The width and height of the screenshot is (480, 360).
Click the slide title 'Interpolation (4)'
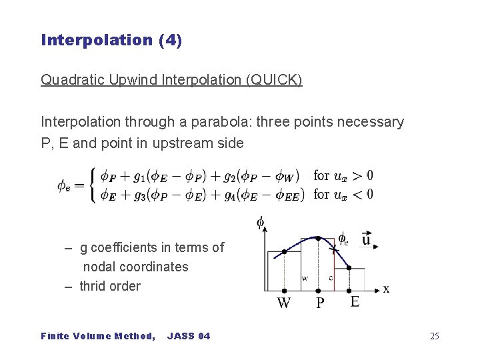(x=111, y=40)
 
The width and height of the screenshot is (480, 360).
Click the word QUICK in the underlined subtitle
(x=273, y=80)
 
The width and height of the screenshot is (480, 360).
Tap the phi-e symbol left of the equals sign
(x=65, y=185)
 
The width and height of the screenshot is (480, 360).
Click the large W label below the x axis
(x=284, y=303)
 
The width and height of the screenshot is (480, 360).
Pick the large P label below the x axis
(x=321, y=303)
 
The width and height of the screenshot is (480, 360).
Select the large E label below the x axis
(x=355, y=302)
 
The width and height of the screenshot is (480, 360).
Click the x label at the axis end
(x=386, y=289)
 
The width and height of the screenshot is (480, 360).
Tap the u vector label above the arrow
(x=367, y=238)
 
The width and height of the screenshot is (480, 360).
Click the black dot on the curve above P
(x=318, y=238)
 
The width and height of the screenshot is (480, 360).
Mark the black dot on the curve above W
(x=285, y=252)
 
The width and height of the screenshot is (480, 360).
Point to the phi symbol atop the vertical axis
(x=260, y=222)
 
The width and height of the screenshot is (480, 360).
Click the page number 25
(x=434, y=336)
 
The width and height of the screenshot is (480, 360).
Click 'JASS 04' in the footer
(x=189, y=336)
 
